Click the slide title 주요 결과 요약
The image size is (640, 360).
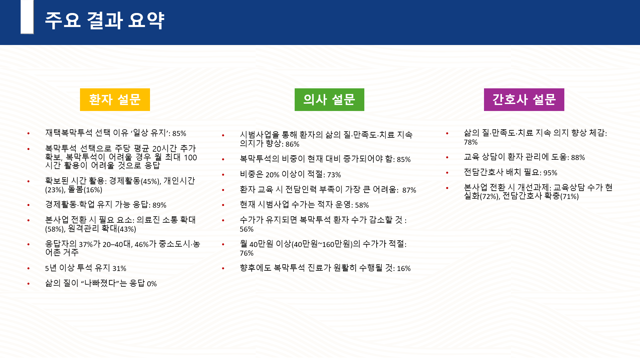pyautogui.click(x=104, y=20)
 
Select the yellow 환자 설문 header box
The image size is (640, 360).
pyautogui.click(x=115, y=100)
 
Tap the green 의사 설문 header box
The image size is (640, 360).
pyautogui.click(x=329, y=100)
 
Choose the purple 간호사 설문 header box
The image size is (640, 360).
pyautogui.click(x=524, y=100)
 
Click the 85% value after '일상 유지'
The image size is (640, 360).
pyautogui.click(x=179, y=134)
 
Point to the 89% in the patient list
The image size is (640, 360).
pyautogui.click(x=159, y=205)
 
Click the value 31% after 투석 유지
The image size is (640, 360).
pyautogui.click(x=119, y=269)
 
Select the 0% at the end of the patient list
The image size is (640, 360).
pyautogui.click(x=152, y=284)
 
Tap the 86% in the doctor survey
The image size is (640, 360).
pyautogui.click(x=292, y=144)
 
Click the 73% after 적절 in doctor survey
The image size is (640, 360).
pyautogui.click(x=334, y=175)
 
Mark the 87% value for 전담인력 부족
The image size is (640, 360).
pyautogui.click(x=409, y=190)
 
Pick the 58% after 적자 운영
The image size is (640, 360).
pyautogui.click(x=362, y=205)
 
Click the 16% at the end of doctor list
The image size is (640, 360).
pyautogui.click(x=404, y=269)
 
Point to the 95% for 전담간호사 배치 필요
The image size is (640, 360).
pyautogui.click(x=550, y=173)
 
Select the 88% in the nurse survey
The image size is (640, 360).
pyautogui.click(x=578, y=158)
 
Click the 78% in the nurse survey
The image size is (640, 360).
pyautogui.click(x=471, y=142)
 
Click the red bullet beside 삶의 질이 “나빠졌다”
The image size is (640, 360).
pyautogui.click(x=29, y=284)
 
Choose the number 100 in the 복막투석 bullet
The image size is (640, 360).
pyautogui.click(x=191, y=158)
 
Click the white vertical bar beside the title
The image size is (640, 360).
pyautogui.click(x=27, y=17)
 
